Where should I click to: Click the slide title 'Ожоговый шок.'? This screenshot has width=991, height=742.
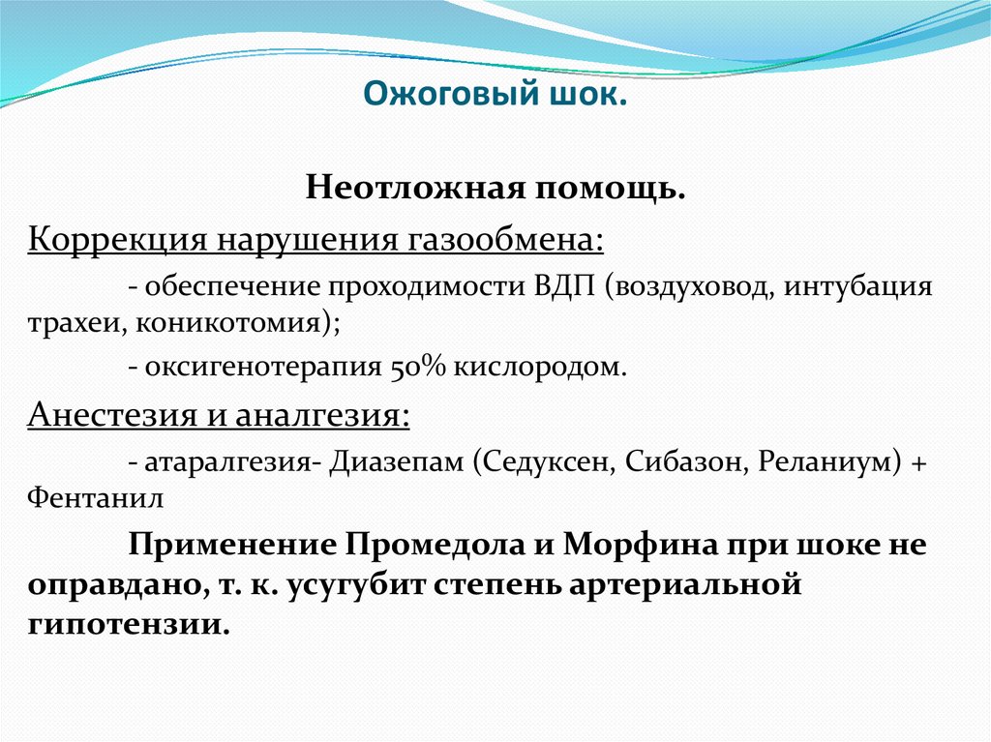click(495, 97)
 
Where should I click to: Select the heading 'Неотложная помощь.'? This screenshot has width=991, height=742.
click(495, 187)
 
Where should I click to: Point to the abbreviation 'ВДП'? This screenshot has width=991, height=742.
click(565, 288)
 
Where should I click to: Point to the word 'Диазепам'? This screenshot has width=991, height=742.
click(398, 462)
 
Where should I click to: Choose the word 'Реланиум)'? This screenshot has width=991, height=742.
click(825, 462)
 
